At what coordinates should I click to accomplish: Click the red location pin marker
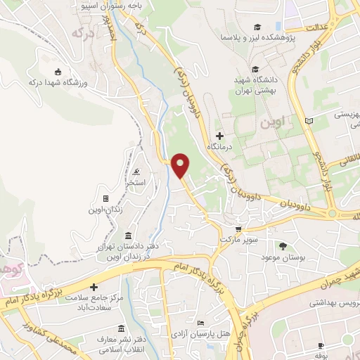(181, 165)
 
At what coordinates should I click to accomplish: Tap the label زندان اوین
(105, 210)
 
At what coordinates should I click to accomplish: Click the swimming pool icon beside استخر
(135, 172)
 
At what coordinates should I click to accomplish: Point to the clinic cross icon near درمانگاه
(219, 135)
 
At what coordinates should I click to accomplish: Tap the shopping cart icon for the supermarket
(238, 229)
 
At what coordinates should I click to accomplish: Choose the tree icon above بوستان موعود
(283, 246)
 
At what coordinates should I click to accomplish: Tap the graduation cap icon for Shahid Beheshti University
(256, 69)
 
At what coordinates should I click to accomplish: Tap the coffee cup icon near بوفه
(321, 346)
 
